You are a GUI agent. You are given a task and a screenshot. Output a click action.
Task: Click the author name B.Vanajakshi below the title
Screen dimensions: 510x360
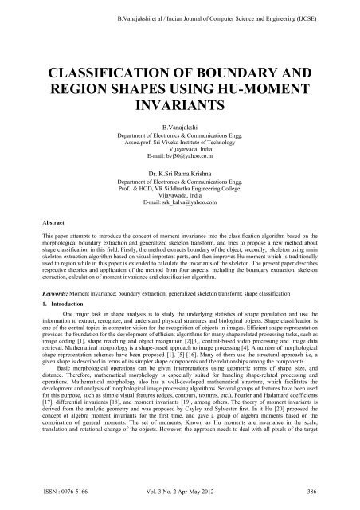pos(179,127)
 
